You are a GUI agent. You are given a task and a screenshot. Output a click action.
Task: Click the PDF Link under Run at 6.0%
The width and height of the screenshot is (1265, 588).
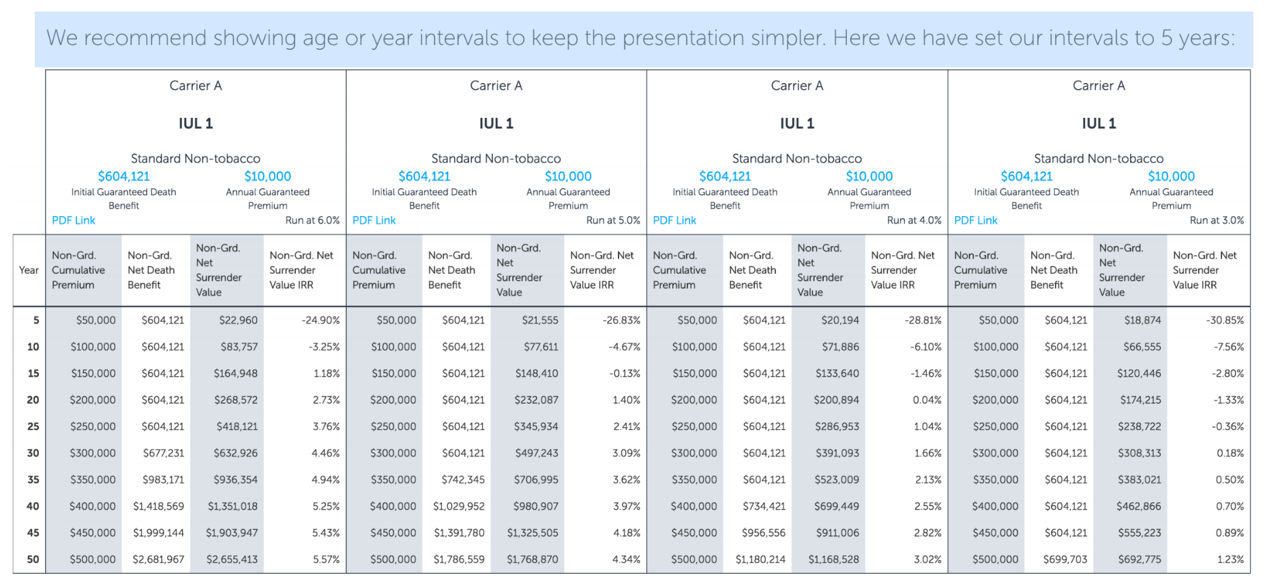[x=74, y=220]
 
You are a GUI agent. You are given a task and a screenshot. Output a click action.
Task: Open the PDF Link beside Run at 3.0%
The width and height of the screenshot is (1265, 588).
[x=976, y=220]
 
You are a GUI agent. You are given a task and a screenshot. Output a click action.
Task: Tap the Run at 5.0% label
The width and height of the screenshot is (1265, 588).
[x=613, y=220]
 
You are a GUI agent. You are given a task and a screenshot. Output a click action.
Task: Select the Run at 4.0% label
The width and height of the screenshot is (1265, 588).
[x=914, y=220]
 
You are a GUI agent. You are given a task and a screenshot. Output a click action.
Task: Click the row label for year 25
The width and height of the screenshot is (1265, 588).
[x=33, y=427]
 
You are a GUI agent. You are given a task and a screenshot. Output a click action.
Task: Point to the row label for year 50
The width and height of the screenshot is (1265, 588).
[x=33, y=559]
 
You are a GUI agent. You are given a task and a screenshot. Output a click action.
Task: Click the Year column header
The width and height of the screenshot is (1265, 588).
[x=29, y=270]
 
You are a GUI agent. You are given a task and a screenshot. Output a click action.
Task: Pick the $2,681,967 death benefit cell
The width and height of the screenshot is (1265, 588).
[x=158, y=559]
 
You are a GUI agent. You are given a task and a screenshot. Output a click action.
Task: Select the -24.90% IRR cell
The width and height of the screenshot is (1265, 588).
[x=321, y=320]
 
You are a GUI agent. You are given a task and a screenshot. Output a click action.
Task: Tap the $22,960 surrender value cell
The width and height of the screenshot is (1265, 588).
[x=238, y=320]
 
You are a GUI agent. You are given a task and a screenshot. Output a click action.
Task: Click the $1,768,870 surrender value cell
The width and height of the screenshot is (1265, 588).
[x=532, y=559]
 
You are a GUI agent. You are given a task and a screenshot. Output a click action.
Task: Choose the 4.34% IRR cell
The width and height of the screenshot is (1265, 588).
[x=626, y=559]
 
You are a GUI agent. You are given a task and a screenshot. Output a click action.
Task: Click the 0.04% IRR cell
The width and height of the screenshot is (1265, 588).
[x=927, y=400]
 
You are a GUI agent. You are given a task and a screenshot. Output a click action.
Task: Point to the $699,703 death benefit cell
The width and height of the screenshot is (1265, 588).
[x=1065, y=559]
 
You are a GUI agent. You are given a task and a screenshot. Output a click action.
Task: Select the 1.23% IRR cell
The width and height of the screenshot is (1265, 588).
[x=1230, y=559]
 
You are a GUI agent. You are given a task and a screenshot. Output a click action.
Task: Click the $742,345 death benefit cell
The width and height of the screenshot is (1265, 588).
[x=463, y=480]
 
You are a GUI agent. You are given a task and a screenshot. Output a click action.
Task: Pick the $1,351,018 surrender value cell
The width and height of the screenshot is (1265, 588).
[x=233, y=506]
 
